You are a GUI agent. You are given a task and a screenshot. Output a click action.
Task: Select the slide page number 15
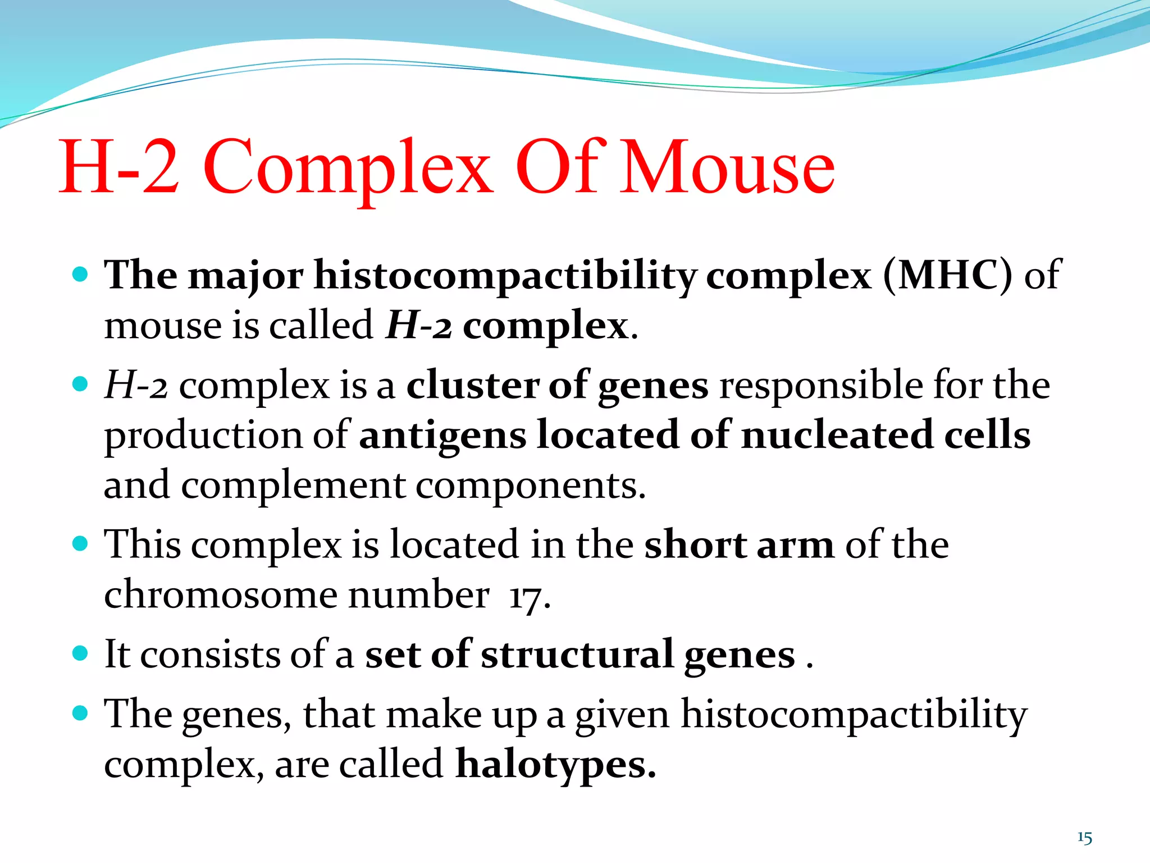[x=1084, y=838]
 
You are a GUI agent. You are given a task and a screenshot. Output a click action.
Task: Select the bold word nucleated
[x=836, y=435]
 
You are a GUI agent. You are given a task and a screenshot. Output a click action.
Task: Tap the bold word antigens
[x=442, y=436]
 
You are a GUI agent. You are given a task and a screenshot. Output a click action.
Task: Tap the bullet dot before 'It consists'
[x=81, y=653]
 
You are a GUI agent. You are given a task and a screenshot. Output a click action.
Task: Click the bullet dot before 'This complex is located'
[x=81, y=544]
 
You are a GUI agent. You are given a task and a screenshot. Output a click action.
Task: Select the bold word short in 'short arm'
[x=695, y=545]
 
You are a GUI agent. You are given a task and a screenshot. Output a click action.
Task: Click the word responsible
[x=820, y=385]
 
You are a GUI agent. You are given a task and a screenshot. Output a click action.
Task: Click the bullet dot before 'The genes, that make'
[x=81, y=714]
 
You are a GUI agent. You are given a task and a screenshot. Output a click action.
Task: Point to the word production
[x=203, y=436]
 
